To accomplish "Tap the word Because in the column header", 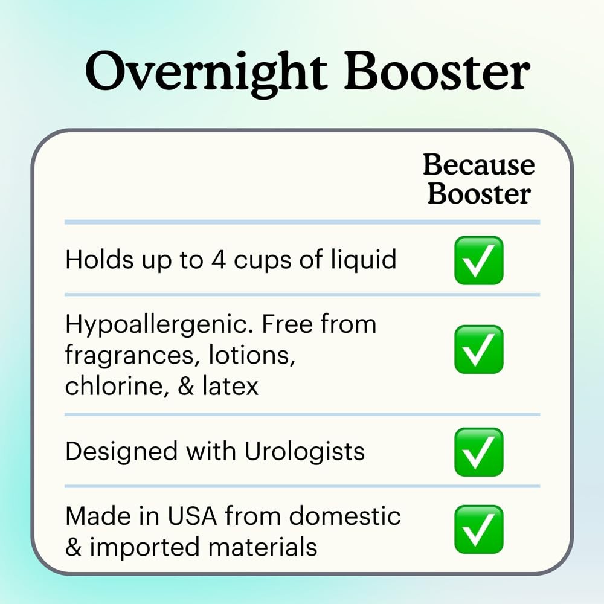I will pos(478,165).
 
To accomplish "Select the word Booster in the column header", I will pos(479,193).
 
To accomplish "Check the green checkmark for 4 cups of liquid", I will pos(478,260).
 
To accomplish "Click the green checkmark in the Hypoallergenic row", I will pos(478,349).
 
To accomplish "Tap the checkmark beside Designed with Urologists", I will pos(478,451).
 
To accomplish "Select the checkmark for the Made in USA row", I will pos(478,529).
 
